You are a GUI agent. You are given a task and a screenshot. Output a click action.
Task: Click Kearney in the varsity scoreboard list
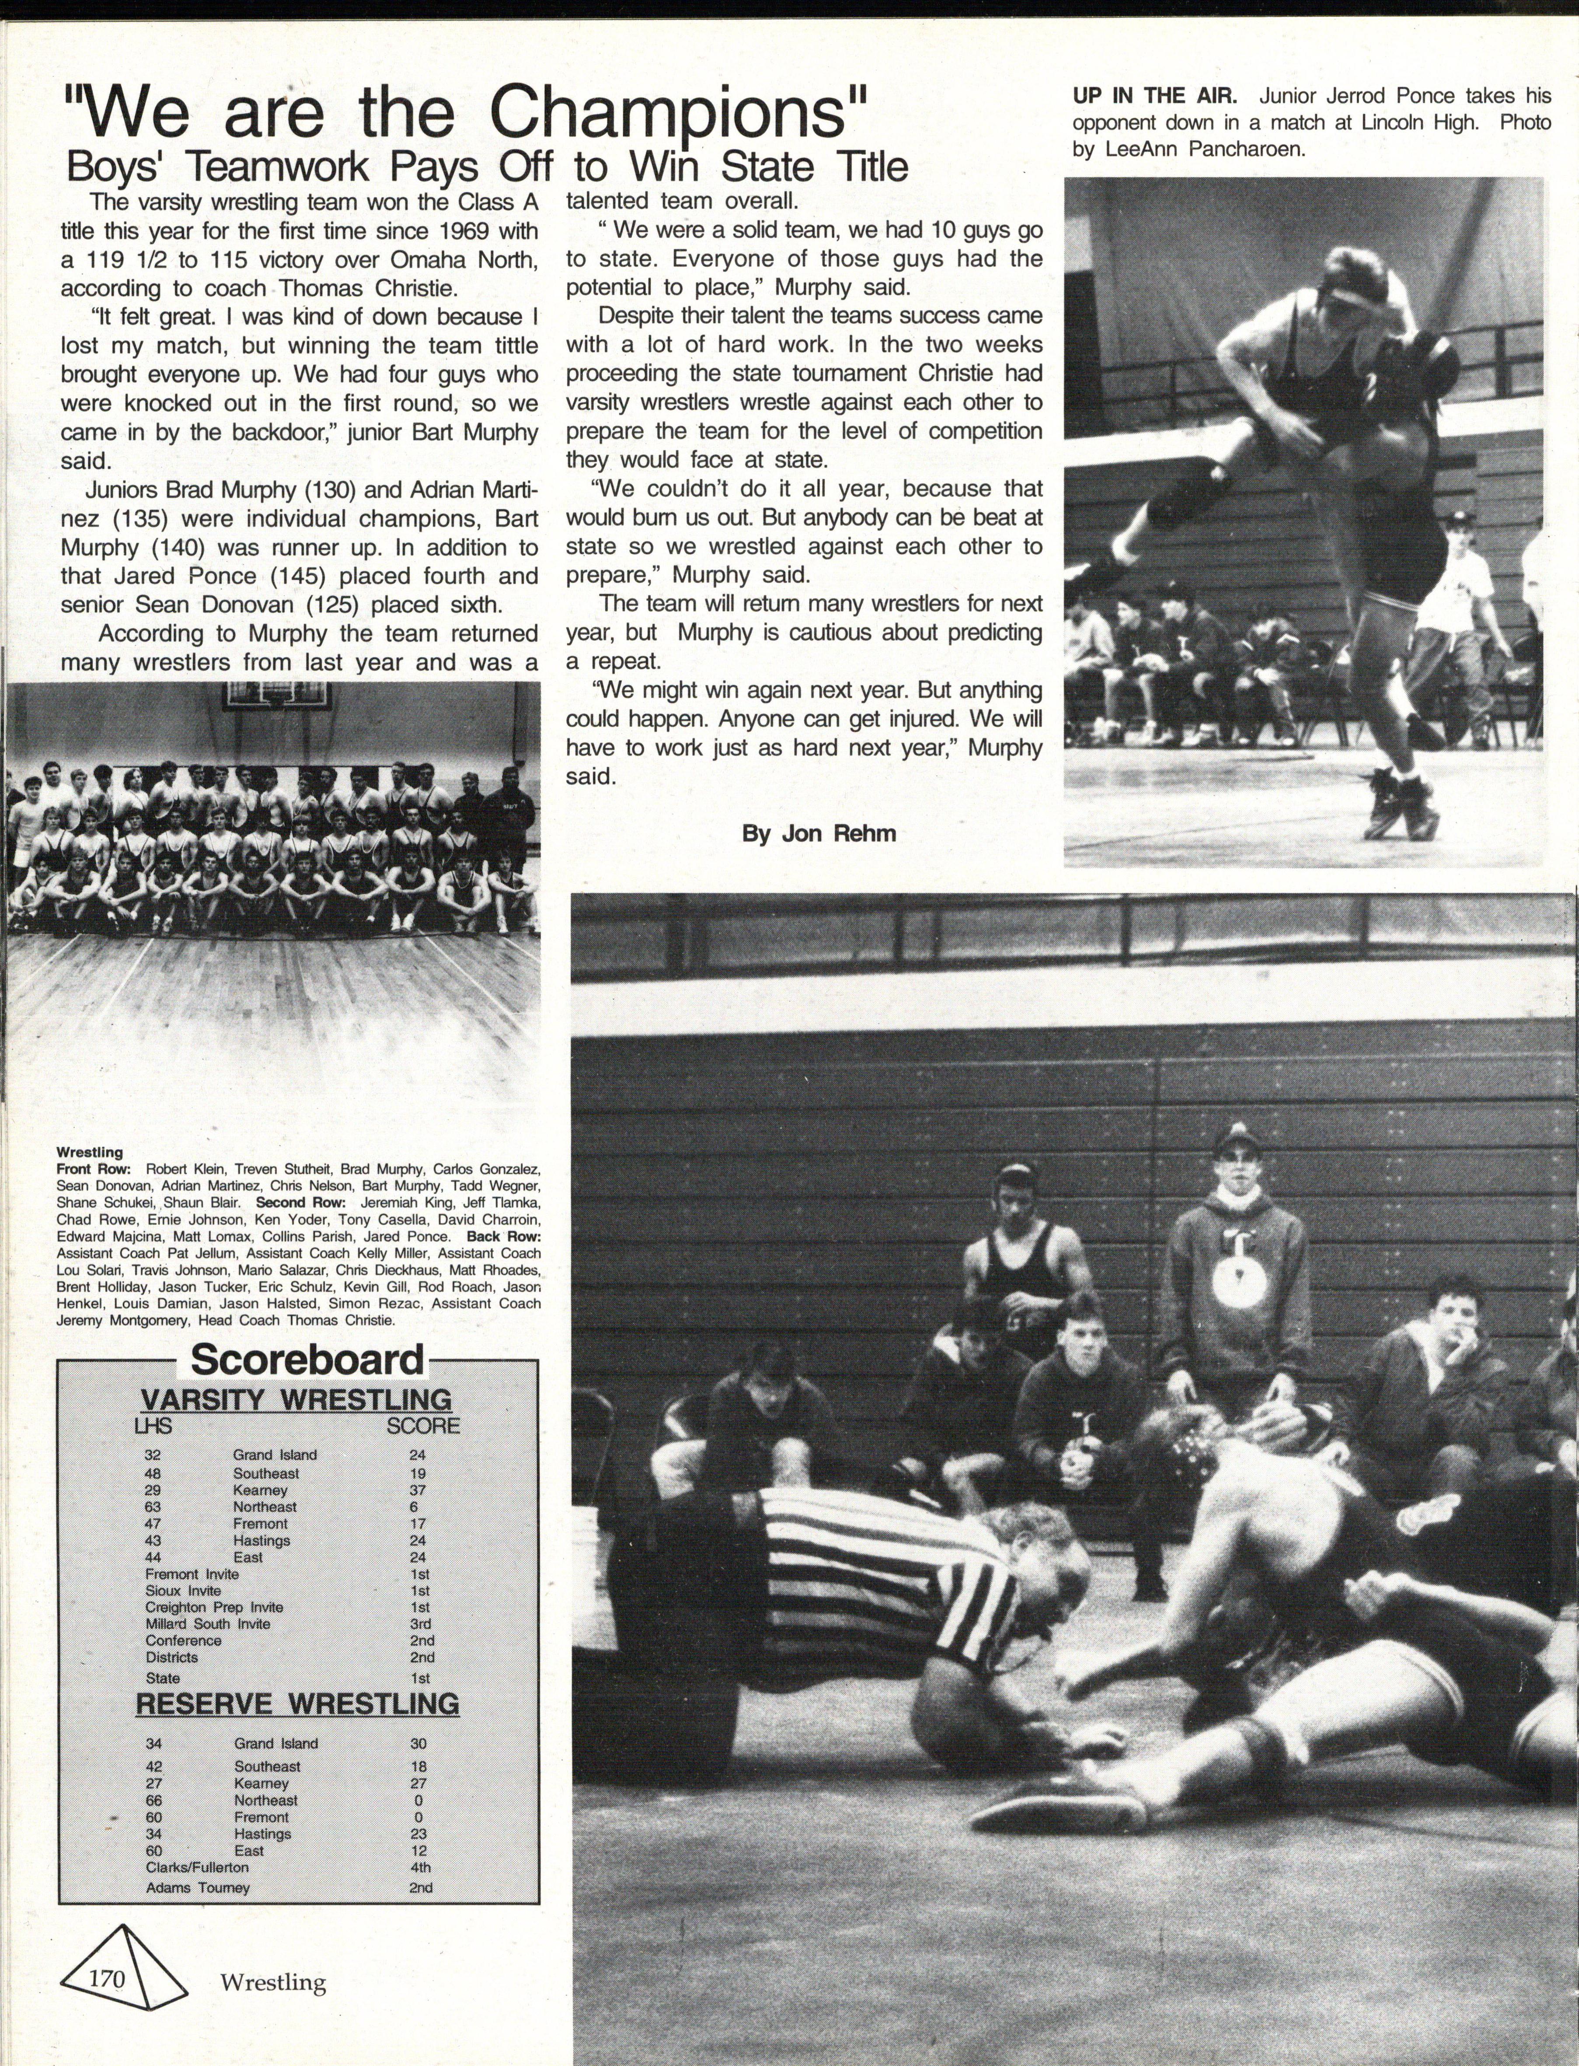tap(260, 1490)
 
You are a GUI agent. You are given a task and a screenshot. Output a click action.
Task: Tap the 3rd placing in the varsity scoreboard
tap(420, 1623)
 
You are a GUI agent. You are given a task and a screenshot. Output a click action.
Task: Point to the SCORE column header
tap(423, 1426)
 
